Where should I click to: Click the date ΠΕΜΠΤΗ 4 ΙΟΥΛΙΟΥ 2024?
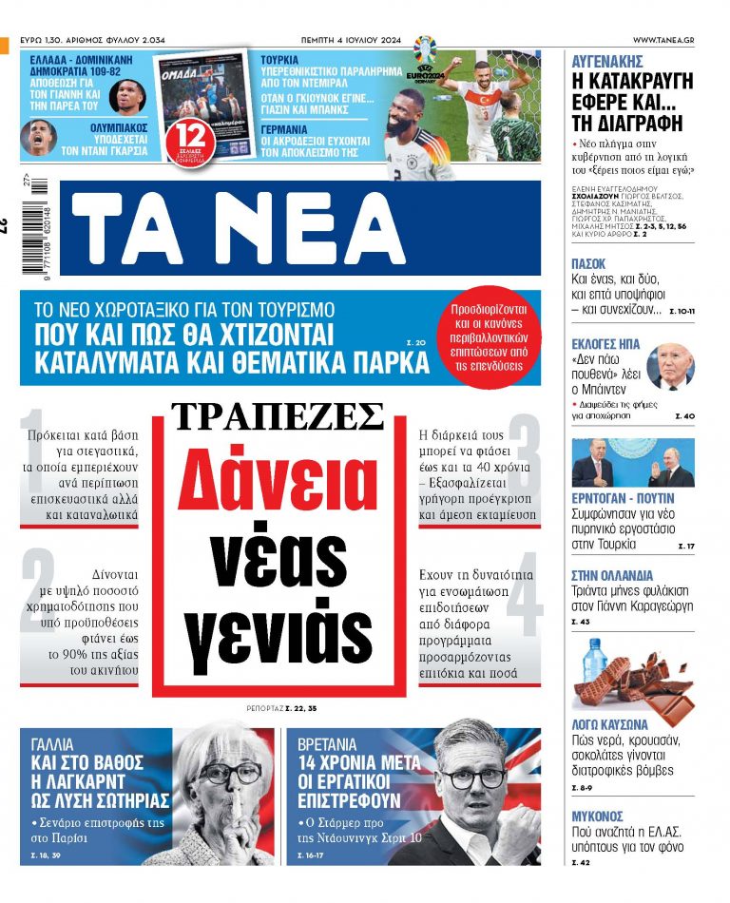351,38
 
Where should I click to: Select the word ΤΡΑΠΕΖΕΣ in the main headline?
278,415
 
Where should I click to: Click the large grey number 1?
36,447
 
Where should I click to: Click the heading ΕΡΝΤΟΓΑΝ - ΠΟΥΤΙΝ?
623,498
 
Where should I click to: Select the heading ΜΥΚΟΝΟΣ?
597,817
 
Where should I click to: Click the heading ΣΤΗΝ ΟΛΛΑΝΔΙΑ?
612,575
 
